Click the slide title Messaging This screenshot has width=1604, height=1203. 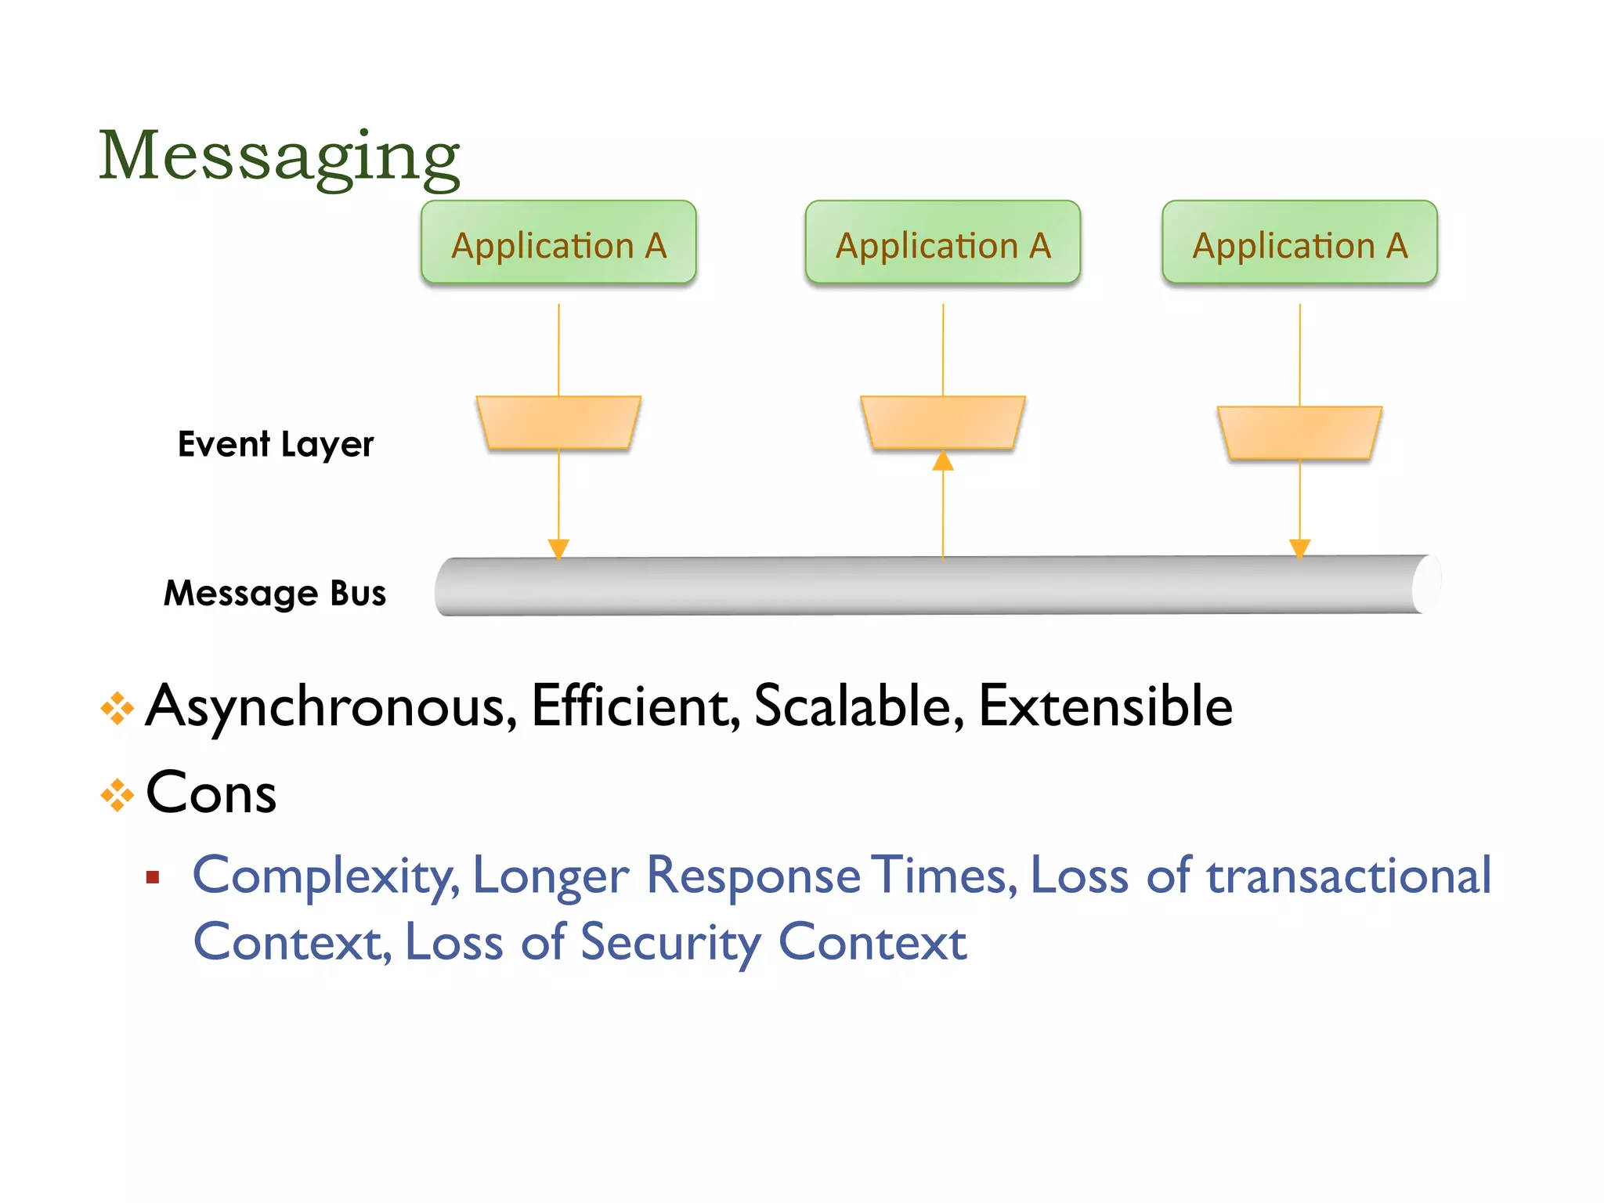point(279,156)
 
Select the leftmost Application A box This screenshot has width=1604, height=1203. point(558,243)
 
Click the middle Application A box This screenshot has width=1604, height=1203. point(942,243)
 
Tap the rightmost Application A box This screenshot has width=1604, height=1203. point(1299,243)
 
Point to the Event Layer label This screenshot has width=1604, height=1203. point(276,444)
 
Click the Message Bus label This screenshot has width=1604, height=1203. point(275,593)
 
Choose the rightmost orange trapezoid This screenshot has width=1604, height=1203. point(1299,432)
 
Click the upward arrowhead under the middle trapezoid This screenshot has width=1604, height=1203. point(943,461)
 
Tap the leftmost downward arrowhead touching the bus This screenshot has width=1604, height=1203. point(558,547)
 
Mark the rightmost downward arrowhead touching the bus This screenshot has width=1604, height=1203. point(1299,547)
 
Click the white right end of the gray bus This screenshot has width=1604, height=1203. point(1427,584)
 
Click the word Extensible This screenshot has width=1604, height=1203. point(1105,706)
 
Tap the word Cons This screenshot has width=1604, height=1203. point(211,793)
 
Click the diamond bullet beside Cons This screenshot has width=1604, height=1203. point(117,796)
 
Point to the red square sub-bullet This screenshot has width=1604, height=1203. point(153,877)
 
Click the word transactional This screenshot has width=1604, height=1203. point(1348,876)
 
